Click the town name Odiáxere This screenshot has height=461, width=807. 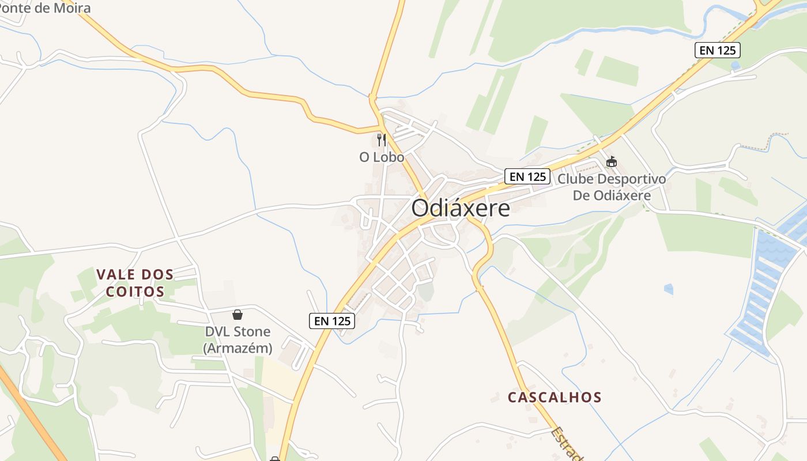point(461,208)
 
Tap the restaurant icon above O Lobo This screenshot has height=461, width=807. point(381,139)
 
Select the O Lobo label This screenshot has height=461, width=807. point(382,157)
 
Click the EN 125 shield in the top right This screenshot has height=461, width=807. point(717,50)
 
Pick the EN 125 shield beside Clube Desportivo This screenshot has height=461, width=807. point(527,176)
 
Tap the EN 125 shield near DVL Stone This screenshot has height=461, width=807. point(332,321)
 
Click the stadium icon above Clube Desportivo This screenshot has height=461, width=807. point(611,162)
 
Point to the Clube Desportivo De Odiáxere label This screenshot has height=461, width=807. point(612,187)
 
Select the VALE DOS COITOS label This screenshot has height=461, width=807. point(135,282)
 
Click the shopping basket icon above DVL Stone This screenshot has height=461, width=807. point(237,315)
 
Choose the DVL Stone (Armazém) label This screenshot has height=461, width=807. point(237,339)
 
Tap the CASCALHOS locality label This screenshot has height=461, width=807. point(555,397)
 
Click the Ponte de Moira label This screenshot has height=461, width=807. point(46,8)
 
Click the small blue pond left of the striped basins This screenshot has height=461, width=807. point(669,288)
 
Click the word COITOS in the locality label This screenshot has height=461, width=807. point(135,291)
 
